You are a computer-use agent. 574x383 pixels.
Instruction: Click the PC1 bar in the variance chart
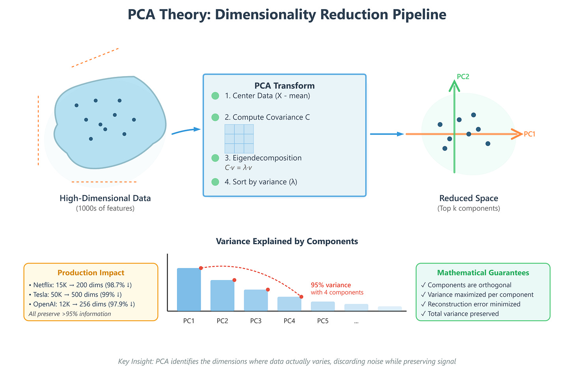click(189, 290)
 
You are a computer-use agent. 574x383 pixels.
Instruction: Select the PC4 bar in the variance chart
click(289, 304)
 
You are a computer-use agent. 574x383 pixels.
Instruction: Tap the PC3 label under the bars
click(256, 321)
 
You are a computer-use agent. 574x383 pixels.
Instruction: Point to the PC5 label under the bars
click(323, 321)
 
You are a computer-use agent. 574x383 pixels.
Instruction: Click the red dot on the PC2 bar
click(234, 280)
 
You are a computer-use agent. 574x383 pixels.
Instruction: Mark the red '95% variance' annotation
click(331, 285)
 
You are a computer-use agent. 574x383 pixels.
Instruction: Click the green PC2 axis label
click(463, 77)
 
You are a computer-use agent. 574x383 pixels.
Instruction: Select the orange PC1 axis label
click(529, 134)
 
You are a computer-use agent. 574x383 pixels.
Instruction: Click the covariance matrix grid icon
click(239, 139)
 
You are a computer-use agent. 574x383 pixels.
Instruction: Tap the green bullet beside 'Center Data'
click(215, 96)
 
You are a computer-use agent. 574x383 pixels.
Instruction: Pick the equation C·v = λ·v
click(238, 168)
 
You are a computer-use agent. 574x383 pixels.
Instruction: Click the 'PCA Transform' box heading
click(284, 86)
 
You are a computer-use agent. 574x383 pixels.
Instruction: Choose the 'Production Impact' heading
click(91, 273)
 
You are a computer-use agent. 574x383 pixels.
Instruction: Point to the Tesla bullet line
click(75, 295)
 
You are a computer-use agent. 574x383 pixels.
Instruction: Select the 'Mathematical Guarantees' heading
click(483, 273)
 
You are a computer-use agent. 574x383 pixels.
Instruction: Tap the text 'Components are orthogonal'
click(469, 285)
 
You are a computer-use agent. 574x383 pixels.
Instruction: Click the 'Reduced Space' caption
click(468, 198)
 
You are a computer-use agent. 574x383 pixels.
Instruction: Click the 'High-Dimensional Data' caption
click(105, 198)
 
